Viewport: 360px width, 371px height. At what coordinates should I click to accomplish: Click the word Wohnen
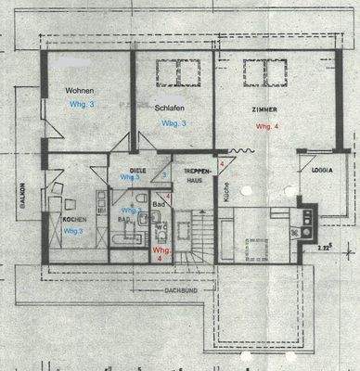(x=80, y=90)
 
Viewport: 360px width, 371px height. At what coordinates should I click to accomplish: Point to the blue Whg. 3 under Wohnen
(x=82, y=105)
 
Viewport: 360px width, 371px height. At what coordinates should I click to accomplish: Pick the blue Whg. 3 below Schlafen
(x=174, y=122)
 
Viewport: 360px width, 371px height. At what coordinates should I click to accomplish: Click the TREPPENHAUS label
(x=193, y=175)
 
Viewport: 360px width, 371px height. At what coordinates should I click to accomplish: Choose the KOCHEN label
(x=74, y=219)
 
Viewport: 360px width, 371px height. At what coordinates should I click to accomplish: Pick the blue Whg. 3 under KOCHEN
(x=74, y=230)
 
